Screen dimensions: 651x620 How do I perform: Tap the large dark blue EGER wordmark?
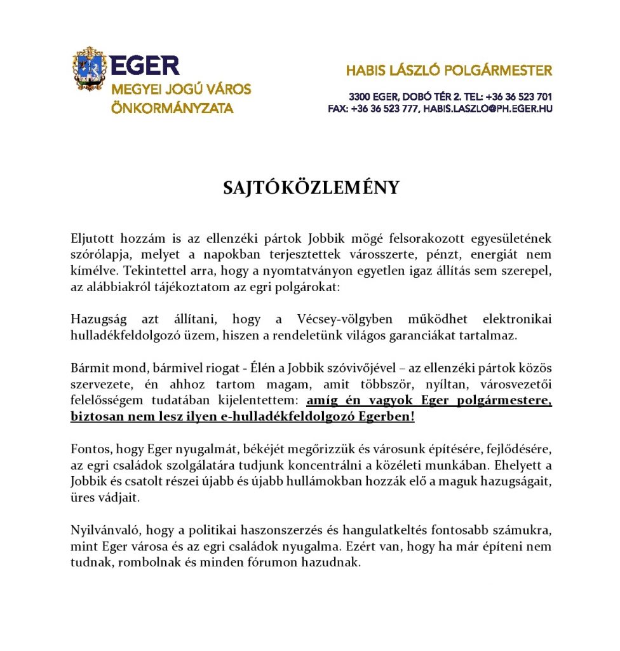[x=144, y=65]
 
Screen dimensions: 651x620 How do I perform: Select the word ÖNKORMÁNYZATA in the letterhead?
[x=172, y=108]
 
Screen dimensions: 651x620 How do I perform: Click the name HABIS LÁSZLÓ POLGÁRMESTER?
[x=448, y=71]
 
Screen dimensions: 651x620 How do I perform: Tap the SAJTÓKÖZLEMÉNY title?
[x=311, y=188]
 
